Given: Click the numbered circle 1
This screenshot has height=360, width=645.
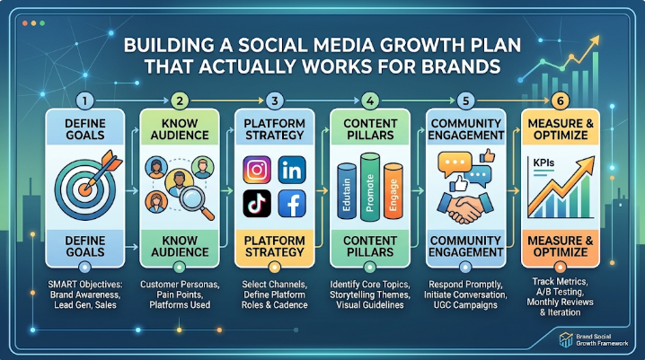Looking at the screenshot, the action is (84, 101).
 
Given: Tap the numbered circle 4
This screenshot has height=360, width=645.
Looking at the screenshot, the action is (370, 101).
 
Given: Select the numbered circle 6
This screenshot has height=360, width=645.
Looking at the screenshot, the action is (561, 101).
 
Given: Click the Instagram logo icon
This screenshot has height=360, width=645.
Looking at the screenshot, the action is (257, 170).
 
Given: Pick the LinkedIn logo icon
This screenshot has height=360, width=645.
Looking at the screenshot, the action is (292, 170).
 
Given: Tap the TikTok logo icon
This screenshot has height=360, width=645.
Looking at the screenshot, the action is (257, 204).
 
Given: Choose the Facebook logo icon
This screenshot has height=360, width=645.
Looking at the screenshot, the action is (292, 204).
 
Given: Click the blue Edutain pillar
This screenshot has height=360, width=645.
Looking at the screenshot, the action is (347, 191).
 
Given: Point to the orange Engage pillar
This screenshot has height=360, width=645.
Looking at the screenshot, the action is (393, 191).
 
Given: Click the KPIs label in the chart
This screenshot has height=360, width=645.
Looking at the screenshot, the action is (543, 162).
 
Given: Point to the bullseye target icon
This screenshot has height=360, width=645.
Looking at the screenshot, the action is (85, 189).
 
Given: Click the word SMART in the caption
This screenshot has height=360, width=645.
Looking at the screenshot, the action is (63, 285).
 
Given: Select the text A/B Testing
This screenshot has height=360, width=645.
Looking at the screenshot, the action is (560, 292).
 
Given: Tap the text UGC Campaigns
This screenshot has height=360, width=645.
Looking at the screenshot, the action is (465, 305).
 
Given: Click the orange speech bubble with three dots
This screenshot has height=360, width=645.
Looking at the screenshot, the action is (455, 162).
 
